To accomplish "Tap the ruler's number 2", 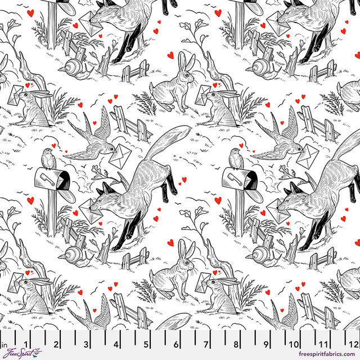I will click(55, 345).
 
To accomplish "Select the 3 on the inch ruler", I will click(85, 345).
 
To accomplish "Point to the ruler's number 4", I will click(115, 345).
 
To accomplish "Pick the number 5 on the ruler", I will click(146, 345).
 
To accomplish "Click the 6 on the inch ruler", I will click(175, 345).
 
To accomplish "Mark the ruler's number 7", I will click(206, 345).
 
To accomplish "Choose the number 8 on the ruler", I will click(236, 345).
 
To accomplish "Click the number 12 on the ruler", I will click(353, 345).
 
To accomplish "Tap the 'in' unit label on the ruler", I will click(4, 345).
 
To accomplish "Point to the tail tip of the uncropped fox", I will click(186, 130).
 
